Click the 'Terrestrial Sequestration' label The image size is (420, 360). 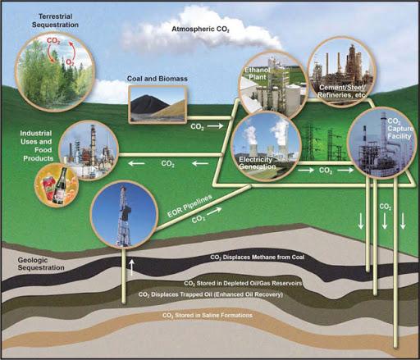55,21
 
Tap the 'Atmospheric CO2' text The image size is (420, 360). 200,30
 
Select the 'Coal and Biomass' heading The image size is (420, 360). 157,79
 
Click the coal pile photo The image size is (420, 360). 157,104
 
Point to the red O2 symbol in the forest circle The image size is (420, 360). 71,62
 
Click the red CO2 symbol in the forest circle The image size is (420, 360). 53,41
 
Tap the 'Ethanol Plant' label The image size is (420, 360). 257,74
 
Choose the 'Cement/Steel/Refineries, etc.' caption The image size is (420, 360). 342,91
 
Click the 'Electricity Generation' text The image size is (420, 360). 258,163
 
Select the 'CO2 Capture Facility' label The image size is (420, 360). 399,129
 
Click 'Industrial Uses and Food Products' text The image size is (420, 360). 37,146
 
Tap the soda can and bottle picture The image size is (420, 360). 57,185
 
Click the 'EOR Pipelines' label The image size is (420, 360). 189,206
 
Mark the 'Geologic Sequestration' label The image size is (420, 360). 41,264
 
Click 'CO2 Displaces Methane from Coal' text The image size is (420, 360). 258,257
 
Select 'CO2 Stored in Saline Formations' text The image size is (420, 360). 208,316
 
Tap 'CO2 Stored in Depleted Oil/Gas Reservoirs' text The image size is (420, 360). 243,284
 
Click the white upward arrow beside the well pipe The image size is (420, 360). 132,267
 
